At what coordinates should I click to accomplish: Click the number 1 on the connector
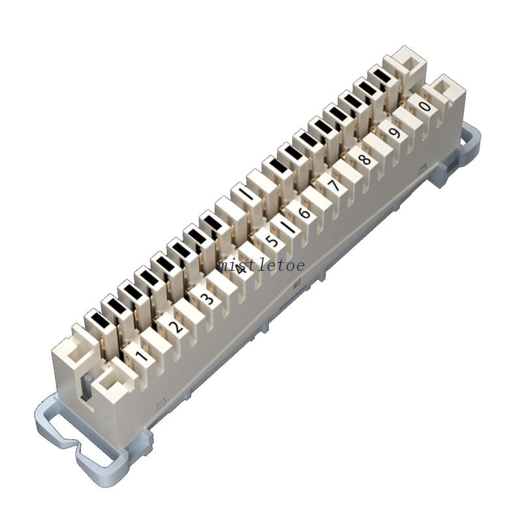pos(140,356)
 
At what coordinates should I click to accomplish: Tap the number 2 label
pos(175,326)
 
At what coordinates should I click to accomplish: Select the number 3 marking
pos(207,299)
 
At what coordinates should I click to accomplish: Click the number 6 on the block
pos(304,213)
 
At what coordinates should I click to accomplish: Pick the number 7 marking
pos(334,186)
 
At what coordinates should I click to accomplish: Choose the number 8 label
pos(365,159)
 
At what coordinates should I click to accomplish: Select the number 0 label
pos(425,106)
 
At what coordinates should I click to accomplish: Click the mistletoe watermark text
pos(262,265)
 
